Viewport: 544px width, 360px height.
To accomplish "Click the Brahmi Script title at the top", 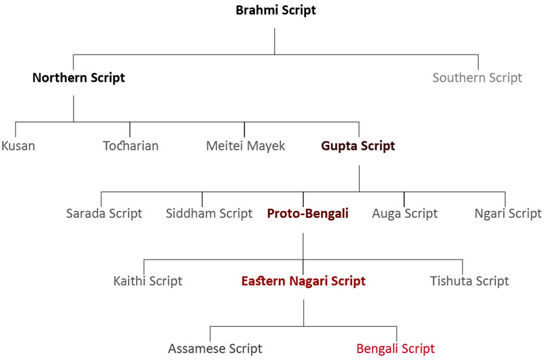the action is pos(276,10).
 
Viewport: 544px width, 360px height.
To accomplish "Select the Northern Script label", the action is pos(79,78).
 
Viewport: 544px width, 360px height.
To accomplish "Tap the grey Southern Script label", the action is pos(477,78).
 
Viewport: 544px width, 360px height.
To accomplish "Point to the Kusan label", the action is pos(18,146).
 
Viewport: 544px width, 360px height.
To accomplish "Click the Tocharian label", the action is pos(131,146).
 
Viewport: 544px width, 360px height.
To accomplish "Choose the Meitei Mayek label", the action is pos(245,146).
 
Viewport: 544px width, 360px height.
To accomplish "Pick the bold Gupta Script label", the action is pos(358,146).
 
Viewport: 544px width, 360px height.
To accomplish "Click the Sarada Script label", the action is pos(104,214).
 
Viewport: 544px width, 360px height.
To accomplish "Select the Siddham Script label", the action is pos(209,214).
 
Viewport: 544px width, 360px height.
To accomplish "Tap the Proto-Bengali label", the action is pos(308,214).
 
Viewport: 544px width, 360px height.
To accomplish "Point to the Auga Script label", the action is pos(405,214).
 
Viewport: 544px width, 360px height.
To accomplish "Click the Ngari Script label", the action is pos(508,214).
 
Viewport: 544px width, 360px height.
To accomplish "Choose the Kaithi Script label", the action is pos(148,281).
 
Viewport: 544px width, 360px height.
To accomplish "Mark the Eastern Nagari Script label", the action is pos(303,281).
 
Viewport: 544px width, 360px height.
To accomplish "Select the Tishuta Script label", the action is pos(469,281).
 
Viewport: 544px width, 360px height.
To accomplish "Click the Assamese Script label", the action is pos(215,348).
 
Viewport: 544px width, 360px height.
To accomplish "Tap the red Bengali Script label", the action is pos(396,348).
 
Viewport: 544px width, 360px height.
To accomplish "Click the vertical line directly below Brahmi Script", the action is pos(275,42).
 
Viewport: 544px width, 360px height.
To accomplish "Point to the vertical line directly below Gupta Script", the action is pos(359,178).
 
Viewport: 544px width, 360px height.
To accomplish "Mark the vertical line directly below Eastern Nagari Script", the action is pos(303,313).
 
